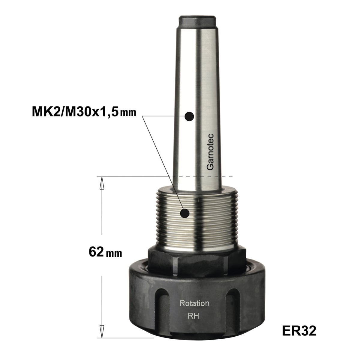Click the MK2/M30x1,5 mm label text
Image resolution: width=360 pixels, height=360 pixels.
pyautogui.click(x=84, y=112)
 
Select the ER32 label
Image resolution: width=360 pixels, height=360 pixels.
pyautogui.click(x=299, y=331)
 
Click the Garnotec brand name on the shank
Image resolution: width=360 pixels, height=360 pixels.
pyautogui.click(x=210, y=152)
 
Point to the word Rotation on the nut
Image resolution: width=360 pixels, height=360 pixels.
pyautogui.click(x=194, y=303)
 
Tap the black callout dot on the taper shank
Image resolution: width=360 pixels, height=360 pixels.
pyautogui.click(x=189, y=116)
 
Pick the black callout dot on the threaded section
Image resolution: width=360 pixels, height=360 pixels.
pyautogui.click(x=185, y=213)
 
